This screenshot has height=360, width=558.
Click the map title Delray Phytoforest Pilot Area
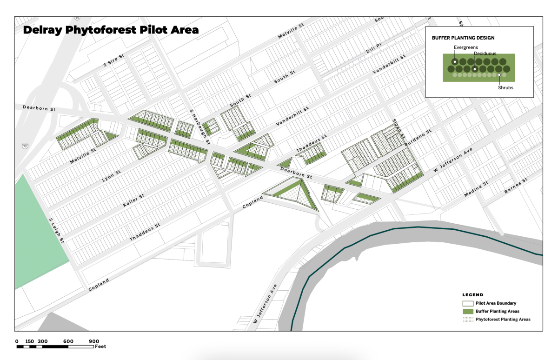coord(111,30)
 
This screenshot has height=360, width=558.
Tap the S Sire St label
coord(114,62)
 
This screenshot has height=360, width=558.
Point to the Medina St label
coord(476,189)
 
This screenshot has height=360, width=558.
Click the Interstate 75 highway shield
coord(23,146)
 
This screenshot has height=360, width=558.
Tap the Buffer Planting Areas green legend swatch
coord(467,311)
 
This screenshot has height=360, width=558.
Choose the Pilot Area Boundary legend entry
coord(496,303)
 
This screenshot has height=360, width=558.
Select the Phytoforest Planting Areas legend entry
coord(503,320)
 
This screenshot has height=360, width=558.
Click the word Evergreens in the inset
coord(465,47)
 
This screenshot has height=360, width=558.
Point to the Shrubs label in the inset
coord(505,87)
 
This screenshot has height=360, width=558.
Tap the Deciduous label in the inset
coord(485,53)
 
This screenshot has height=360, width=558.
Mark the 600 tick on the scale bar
coord(68,341)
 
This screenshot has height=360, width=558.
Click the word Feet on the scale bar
coord(100,347)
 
